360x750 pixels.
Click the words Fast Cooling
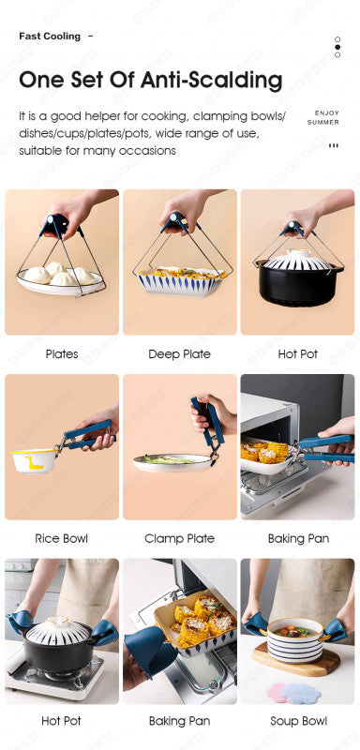click(50, 37)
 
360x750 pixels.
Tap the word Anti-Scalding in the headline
click(213, 80)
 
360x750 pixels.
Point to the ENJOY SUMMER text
click(323, 118)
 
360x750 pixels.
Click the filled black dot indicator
click(337, 48)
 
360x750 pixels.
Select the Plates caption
click(62, 354)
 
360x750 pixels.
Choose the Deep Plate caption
click(179, 354)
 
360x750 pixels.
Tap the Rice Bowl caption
click(62, 538)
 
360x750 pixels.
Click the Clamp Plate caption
click(179, 538)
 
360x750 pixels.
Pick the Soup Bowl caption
click(298, 721)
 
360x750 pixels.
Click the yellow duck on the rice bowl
click(35, 462)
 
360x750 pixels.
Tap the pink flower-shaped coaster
click(278, 693)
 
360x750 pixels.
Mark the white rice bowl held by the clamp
click(34, 460)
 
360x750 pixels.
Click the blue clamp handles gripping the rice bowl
click(89, 434)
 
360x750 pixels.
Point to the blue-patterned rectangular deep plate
click(181, 281)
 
